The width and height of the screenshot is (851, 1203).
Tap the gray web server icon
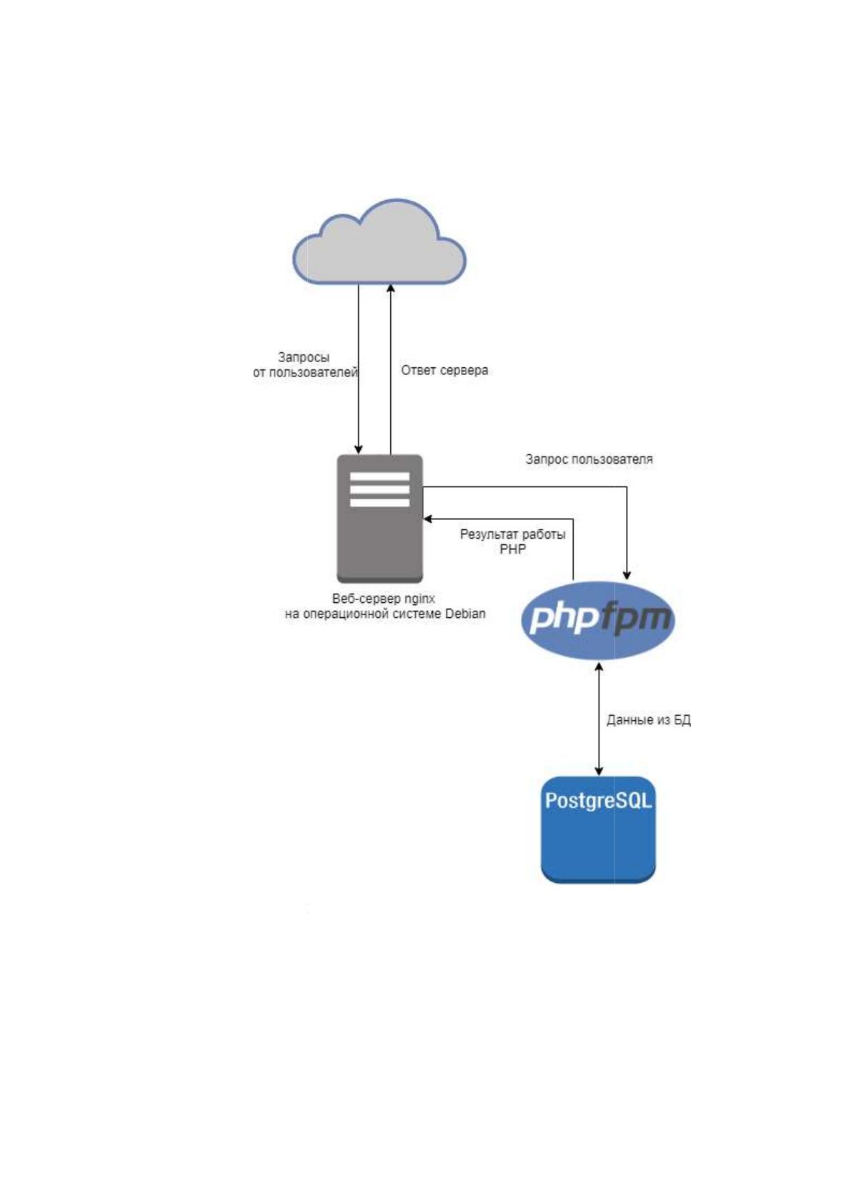coord(380,518)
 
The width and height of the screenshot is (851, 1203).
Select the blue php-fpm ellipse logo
coord(598,620)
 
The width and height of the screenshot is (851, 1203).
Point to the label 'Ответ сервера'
coord(444,370)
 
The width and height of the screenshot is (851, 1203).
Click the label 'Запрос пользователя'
coord(589,459)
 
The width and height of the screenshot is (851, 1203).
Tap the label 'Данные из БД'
coord(649,719)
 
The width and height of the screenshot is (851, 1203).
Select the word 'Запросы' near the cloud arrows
coord(304,357)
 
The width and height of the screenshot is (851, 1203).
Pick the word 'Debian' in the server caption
coord(464,614)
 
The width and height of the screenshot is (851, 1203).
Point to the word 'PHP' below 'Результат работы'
coord(512,549)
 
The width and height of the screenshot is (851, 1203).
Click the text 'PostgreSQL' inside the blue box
coord(598,801)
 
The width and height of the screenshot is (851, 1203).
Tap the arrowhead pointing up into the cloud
coord(391,289)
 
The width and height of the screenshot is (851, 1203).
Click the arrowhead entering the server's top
coord(359,449)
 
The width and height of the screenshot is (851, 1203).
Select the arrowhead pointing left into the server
coord(428,519)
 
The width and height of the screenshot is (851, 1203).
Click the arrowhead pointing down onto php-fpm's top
coord(627,576)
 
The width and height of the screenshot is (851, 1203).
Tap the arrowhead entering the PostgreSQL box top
coord(599,772)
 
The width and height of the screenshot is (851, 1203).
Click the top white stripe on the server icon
coord(380,476)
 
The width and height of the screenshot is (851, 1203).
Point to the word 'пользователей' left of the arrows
coord(312,372)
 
